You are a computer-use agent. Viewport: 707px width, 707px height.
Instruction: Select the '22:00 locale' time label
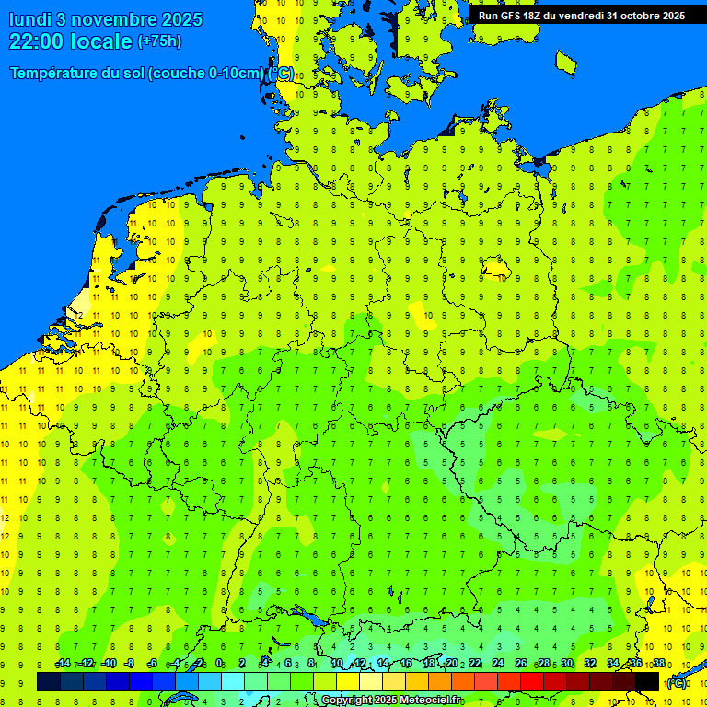71,41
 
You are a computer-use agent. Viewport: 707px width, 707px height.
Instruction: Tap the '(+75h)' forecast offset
159,41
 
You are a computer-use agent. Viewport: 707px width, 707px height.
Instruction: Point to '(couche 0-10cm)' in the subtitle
206,74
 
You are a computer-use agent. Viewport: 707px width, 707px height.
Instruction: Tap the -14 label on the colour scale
63,664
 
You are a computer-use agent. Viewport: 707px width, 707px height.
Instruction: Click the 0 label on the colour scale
219,664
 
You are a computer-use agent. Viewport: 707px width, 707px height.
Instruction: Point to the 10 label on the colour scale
337,664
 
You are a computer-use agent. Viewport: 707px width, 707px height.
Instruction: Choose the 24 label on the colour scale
498,664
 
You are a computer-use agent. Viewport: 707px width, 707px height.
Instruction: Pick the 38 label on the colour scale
659,664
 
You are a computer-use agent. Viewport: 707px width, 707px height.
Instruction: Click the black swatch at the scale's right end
647,681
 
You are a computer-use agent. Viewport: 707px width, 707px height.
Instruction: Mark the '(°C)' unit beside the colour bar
677,682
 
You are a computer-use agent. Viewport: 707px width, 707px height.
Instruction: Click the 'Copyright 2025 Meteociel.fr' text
391,701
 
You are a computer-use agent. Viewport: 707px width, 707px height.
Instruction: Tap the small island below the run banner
565,63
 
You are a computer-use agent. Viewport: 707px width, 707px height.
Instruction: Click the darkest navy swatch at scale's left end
49,681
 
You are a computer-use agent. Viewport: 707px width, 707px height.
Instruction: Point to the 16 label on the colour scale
406,664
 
